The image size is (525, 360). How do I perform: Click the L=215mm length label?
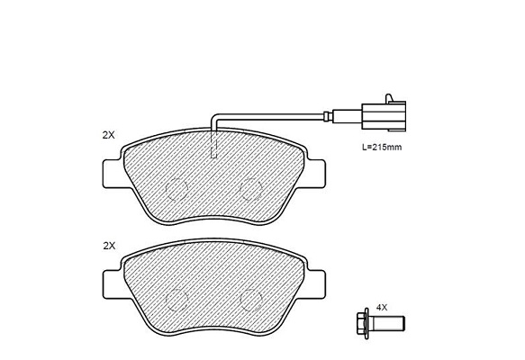(x=382, y=147)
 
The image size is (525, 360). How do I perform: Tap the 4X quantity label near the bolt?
(x=381, y=307)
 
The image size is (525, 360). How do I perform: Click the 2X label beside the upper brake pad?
(x=108, y=135)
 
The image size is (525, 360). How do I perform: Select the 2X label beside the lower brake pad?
(x=109, y=246)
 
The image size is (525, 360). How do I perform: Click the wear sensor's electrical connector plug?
(x=384, y=116)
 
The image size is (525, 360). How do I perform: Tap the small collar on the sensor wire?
(x=329, y=116)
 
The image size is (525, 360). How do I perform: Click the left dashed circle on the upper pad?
(x=177, y=189)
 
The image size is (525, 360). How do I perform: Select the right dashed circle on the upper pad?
(x=251, y=189)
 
